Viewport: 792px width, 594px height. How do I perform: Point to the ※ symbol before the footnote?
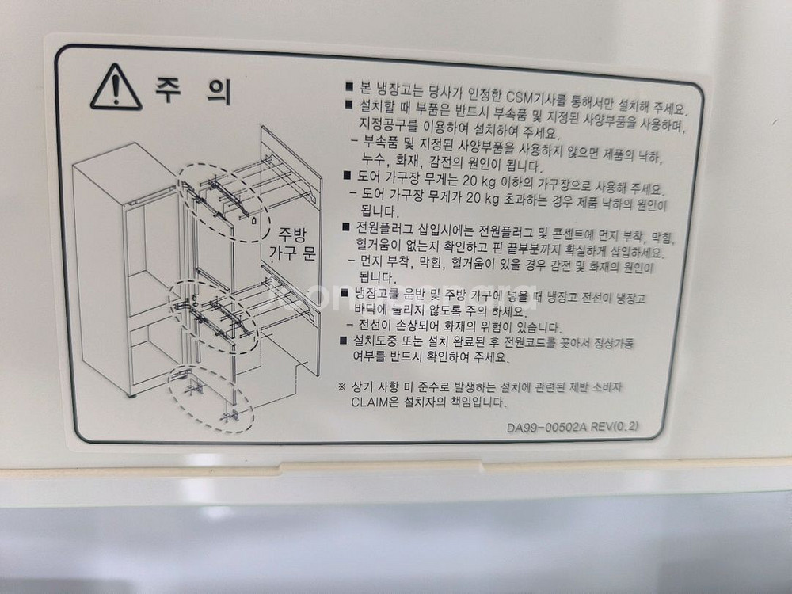341,386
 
